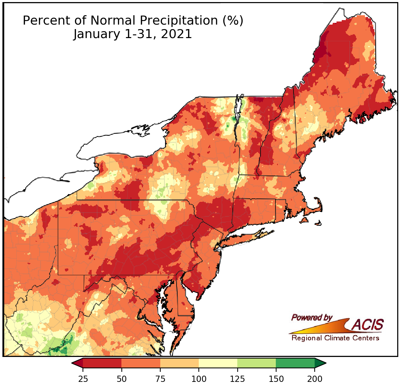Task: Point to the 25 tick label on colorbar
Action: coord(83,378)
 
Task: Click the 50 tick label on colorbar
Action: coord(121,378)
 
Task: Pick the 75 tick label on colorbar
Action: coord(160,378)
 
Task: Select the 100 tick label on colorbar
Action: coord(199,378)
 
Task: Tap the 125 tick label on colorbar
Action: coord(237,378)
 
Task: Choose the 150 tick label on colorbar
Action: coord(276,378)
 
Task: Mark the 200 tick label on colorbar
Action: coord(315,378)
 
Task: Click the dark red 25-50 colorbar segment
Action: coord(102,363)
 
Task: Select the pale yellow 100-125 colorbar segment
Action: coord(218,363)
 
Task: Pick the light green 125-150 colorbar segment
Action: coord(256,363)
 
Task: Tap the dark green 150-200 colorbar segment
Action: coord(295,363)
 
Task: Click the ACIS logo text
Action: coord(368,325)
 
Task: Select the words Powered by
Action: coord(312,317)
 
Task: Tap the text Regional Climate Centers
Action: coord(335,338)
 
